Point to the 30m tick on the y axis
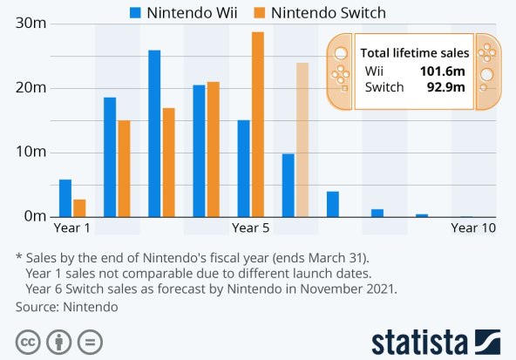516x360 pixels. coord(31,24)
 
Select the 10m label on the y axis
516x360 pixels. coord(31,152)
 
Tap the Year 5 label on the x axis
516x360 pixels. coord(250,228)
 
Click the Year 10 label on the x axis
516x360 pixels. coord(473,228)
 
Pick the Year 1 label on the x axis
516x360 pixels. coord(72,228)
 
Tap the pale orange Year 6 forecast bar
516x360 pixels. coord(302,139)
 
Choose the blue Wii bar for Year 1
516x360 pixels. coord(64,198)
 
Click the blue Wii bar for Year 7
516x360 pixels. coord(332,204)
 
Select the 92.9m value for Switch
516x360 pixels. coord(446,86)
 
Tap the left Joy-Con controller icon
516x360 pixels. coord(340,72)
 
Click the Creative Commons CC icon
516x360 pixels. coord(27,341)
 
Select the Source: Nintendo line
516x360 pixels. coord(66,307)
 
